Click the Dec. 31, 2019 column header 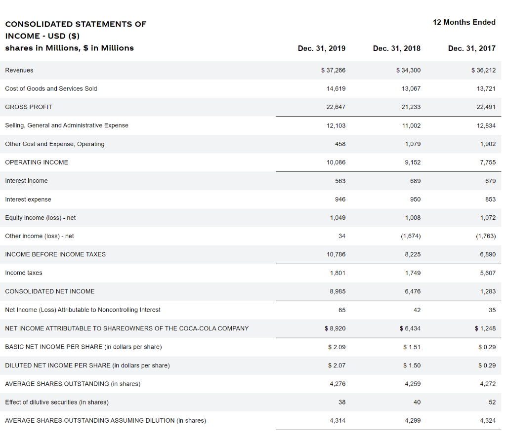pyautogui.click(x=322, y=48)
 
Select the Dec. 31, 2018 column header pyautogui.click(x=397, y=48)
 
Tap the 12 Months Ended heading pyautogui.click(x=464, y=22)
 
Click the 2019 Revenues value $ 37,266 pyautogui.click(x=334, y=70)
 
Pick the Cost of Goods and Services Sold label pyautogui.click(x=51, y=88)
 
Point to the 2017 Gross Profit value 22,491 pyautogui.click(x=486, y=107)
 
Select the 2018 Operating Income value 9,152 pyautogui.click(x=412, y=162)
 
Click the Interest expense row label pyautogui.click(x=28, y=199)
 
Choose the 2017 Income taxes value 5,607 pyautogui.click(x=487, y=273)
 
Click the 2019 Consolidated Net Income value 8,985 pyautogui.click(x=337, y=291)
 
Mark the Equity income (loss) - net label pyautogui.click(x=41, y=217)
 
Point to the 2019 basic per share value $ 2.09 pyautogui.click(x=337, y=347)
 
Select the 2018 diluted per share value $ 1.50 pyautogui.click(x=412, y=365)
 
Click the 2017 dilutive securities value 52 pyautogui.click(x=492, y=402)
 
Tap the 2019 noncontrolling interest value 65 pyautogui.click(x=342, y=310)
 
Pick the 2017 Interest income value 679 pyautogui.click(x=490, y=181)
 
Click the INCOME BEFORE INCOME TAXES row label pyautogui.click(x=55, y=254)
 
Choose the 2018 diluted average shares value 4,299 pyautogui.click(x=413, y=420)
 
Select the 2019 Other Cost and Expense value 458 pyautogui.click(x=340, y=144)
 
